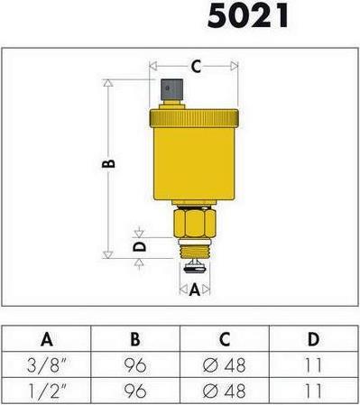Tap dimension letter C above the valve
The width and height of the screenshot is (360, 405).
click(x=195, y=66)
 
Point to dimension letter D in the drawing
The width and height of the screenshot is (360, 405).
click(x=139, y=245)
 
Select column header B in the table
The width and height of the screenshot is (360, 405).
click(x=134, y=339)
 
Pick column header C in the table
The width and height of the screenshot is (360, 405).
click(x=224, y=339)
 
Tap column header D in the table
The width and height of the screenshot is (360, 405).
click(x=312, y=339)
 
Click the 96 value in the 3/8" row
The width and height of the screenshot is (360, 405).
click(x=134, y=366)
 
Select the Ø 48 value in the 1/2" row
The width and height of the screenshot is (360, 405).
click(x=224, y=392)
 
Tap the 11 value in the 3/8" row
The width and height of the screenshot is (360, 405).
click(x=312, y=366)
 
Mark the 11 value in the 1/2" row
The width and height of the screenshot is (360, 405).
click(x=312, y=392)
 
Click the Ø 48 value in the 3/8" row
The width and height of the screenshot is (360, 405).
click(x=224, y=366)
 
